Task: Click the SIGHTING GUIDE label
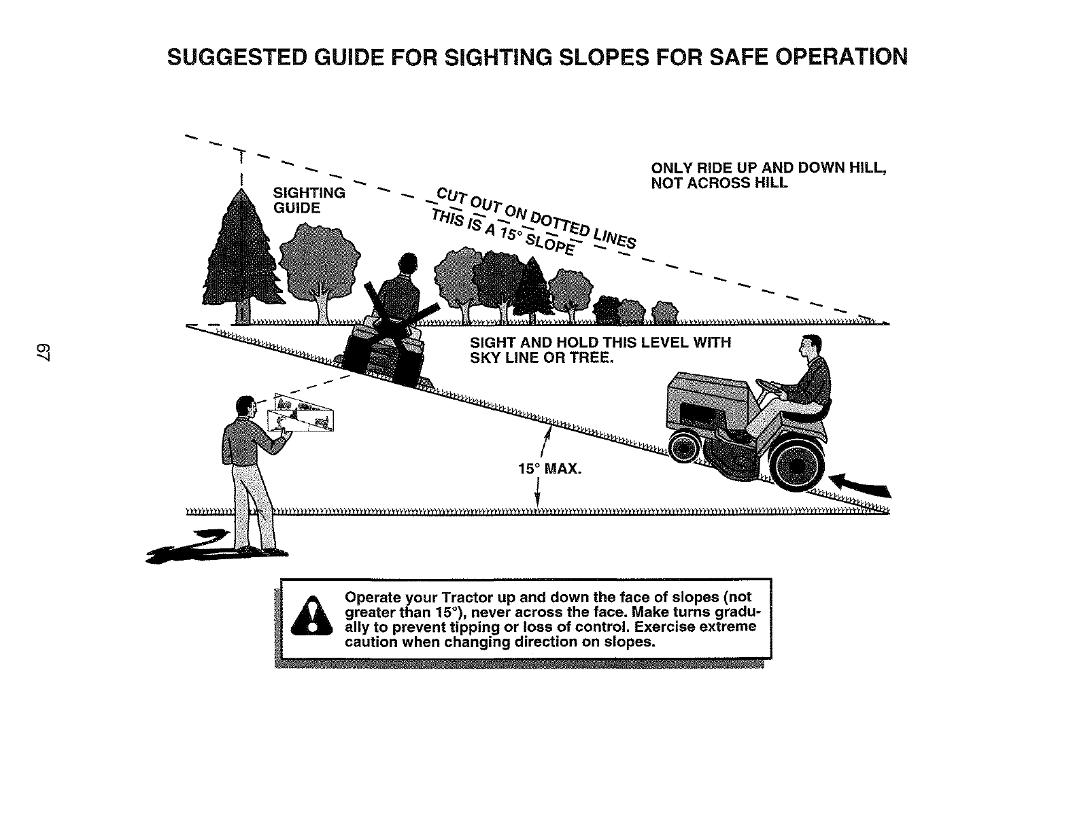point(308,200)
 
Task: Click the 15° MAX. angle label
point(549,469)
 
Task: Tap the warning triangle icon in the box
point(311,616)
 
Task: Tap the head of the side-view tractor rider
point(810,349)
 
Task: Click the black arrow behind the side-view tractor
point(862,484)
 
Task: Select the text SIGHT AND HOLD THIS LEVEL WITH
point(600,342)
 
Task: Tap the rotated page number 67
point(18,354)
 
